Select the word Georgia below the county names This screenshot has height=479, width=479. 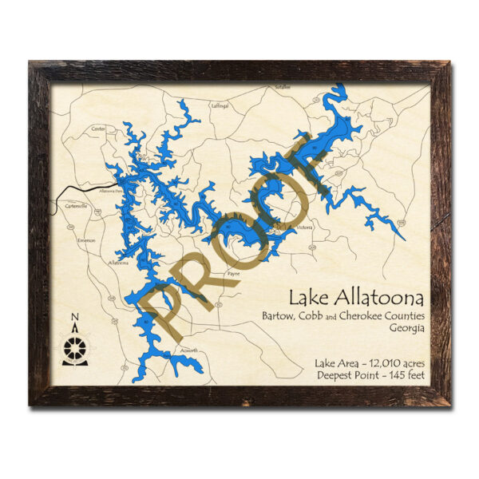(x=407, y=328)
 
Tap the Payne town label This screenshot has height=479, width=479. (x=233, y=273)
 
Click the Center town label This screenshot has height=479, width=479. (x=99, y=129)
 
